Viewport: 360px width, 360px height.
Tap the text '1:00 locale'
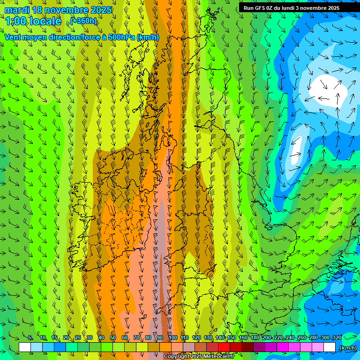click(33, 21)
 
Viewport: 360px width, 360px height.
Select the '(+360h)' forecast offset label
click(84, 21)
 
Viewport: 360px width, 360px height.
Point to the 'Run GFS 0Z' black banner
click(292, 8)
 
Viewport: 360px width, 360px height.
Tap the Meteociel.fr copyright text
click(199, 357)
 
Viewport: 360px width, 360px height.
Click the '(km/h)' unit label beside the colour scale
click(348, 347)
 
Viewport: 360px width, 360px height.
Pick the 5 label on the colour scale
click(30, 337)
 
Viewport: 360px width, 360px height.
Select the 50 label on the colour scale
click(113, 337)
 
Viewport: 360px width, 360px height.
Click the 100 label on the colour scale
click(173, 337)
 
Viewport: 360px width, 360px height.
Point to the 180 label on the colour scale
click(255, 337)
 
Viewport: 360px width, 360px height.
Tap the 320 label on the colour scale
click(337, 337)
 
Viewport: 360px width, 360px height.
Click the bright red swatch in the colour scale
click(224, 347)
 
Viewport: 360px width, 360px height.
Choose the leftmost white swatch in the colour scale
click(25, 347)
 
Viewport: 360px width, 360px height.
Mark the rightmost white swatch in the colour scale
click(330, 347)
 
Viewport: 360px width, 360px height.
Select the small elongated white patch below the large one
click(295, 150)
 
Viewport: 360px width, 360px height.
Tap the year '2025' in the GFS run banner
click(333, 8)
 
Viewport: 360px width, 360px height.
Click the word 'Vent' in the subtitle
click(14, 37)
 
